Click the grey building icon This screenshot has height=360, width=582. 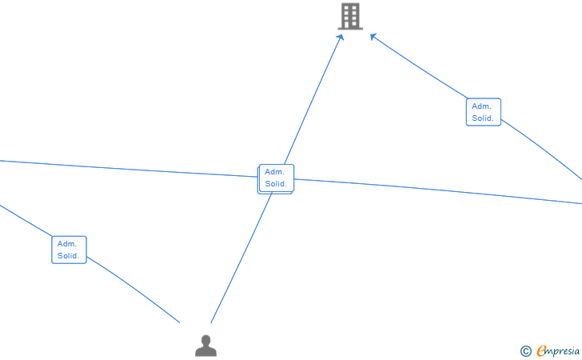tap(350, 17)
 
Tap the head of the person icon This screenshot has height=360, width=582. tap(206, 341)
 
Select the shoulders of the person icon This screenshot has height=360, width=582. tap(206, 350)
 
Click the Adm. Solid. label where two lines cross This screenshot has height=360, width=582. tap(277, 178)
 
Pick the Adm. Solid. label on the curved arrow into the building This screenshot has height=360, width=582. tap(483, 112)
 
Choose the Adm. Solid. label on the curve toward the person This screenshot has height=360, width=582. tap(69, 250)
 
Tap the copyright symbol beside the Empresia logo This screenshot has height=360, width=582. tap(525, 350)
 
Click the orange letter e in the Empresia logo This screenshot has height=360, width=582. tap(541, 350)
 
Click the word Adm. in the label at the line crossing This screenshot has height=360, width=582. tap(274, 172)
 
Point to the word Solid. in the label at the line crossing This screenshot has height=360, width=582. tap(277, 184)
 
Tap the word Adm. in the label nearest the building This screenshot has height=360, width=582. tap(481, 106)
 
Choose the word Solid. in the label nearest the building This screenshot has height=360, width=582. tap(483, 118)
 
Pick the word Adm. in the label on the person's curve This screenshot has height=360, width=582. tap(66, 243)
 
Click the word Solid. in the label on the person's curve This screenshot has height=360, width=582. tap(69, 256)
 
